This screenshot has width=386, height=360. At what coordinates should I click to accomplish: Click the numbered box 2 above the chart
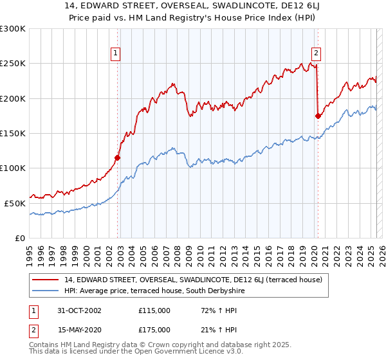click(x=317, y=54)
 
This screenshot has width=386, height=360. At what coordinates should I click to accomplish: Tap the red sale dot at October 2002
click(x=118, y=157)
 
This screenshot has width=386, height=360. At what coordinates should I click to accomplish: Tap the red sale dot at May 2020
click(x=318, y=116)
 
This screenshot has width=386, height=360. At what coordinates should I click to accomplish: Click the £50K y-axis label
click(x=15, y=203)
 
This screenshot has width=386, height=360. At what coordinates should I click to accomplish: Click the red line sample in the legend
click(x=46, y=280)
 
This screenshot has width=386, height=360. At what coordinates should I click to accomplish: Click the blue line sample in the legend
click(x=46, y=291)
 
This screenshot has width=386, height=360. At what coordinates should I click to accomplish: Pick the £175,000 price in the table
click(x=154, y=330)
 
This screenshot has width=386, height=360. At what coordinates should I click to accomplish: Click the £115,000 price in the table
click(x=154, y=310)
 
